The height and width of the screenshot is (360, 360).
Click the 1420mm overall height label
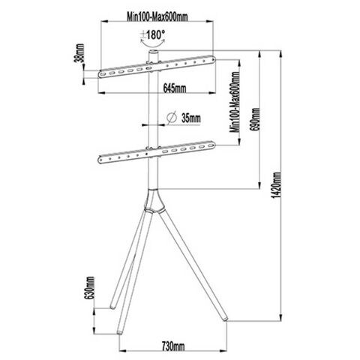tap(277, 185)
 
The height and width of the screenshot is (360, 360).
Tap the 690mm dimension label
tap(256, 119)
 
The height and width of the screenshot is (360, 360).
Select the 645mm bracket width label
tap(175, 88)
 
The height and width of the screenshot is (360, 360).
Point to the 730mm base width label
tap(173, 346)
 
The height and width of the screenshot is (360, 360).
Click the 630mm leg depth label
tap(90, 287)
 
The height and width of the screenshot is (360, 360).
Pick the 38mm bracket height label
tap(80, 53)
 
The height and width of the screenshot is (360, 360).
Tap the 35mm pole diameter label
tap(191, 118)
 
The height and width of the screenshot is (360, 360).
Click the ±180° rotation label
tap(152, 35)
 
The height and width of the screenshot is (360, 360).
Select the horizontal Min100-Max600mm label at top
tap(157, 16)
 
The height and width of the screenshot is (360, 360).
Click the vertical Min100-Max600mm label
tap(235, 102)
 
